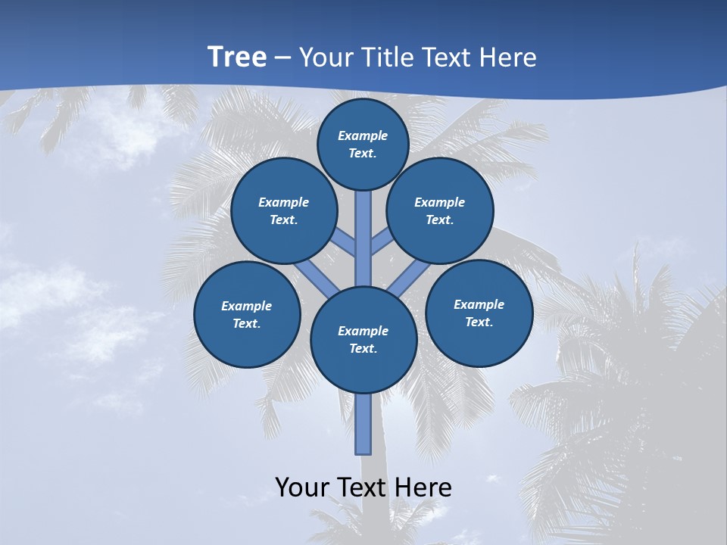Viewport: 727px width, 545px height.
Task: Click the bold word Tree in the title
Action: [x=237, y=57]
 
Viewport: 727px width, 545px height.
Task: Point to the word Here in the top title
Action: [x=508, y=57]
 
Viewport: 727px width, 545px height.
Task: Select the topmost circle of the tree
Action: [x=363, y=144]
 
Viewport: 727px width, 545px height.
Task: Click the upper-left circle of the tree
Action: [x=284, y=210]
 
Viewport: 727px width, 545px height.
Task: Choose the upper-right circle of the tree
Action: [x=440, y=210]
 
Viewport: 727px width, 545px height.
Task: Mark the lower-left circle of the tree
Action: [x=247, y=314]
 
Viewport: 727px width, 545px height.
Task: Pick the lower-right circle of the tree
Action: [x=479, y=313]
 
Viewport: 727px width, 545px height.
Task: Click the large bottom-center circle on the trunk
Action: [x=363, y=339]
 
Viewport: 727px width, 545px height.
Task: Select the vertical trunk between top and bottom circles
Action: [x=363, y=235]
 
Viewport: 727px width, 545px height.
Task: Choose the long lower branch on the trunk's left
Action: [x=317, y=277]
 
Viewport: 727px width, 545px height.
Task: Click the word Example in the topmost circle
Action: [x=363, y=135]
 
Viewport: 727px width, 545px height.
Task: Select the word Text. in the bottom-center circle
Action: [x=363, y=348]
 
